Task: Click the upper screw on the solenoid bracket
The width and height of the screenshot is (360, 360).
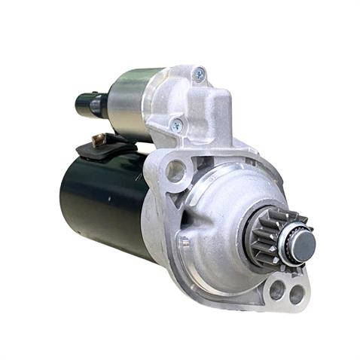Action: point(199,74)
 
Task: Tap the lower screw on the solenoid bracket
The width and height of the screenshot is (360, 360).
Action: point(177,125)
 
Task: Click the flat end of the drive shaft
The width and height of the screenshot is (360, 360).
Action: point(304,243)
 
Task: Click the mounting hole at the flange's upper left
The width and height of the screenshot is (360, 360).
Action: point(176,171)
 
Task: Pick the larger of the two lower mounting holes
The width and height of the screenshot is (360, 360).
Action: point(276,288)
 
